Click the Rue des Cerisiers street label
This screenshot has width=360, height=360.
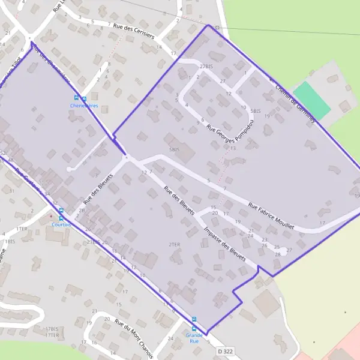pyautogui.click(x=133, y=30)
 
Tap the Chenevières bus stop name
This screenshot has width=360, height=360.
pyautogui.click(x=83, y=106)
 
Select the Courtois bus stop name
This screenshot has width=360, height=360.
pyautogui.click(x=61, y=224)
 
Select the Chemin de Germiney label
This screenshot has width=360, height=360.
pyautogui.click(x=295, y=103)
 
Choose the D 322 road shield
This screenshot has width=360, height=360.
pyautogui.click(x=226, y=350)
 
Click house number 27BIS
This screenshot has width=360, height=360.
pyautogui.click(x=206, y=65)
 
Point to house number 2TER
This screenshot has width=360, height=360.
pyautogui.click(x=175, y=244)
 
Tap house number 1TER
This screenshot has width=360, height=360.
pyautogui.click(x=22, y=229)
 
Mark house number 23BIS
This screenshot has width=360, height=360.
pyautogui.click(x=93, y=242)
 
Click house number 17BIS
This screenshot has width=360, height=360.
pyautogui.click(x=52, y=329)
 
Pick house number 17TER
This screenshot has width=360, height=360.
pyautogui.click(x=52, y=335)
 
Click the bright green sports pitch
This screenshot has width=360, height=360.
pyautogui.click(x=312, y=100)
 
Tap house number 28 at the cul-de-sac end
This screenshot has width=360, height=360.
pyautogui.click(x=278, y=254)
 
